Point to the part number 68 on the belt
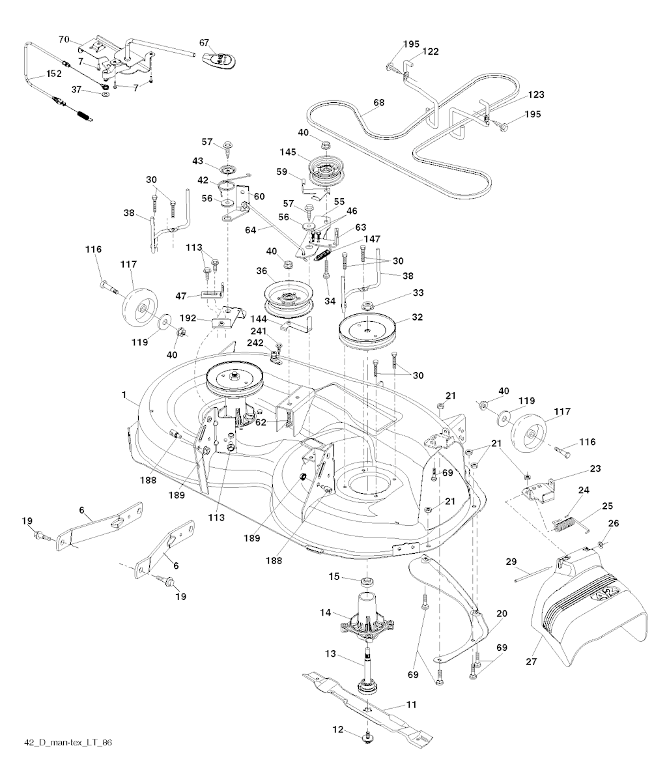(378, 102)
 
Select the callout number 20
(502, 613)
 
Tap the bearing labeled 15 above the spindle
(366, 580)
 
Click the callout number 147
(373, 240)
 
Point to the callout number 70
(64, 40)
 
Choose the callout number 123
(536, 94)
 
